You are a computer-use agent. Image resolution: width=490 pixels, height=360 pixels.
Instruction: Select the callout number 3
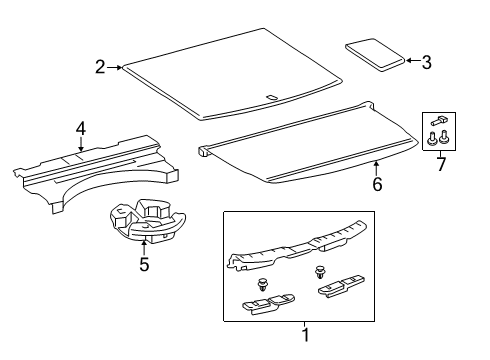[426, 62]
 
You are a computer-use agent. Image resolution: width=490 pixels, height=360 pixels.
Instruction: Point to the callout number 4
[80, 127]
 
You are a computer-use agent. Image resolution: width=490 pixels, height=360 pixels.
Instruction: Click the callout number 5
[145, 264]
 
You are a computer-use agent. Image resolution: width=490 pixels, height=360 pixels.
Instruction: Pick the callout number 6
[377, 184]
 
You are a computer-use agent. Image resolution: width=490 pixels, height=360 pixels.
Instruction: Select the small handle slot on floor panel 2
[271, 98]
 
